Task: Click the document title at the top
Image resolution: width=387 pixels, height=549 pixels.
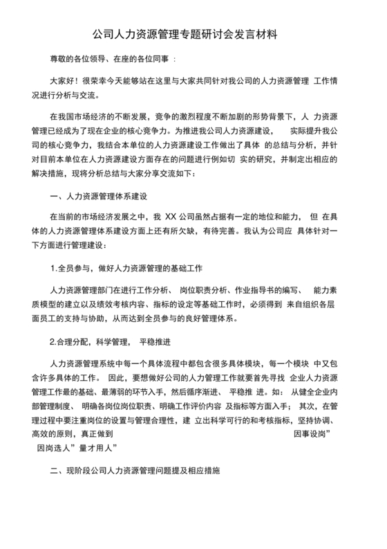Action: [193, 33]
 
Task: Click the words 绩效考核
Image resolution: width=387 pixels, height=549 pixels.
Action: [142, 303]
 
